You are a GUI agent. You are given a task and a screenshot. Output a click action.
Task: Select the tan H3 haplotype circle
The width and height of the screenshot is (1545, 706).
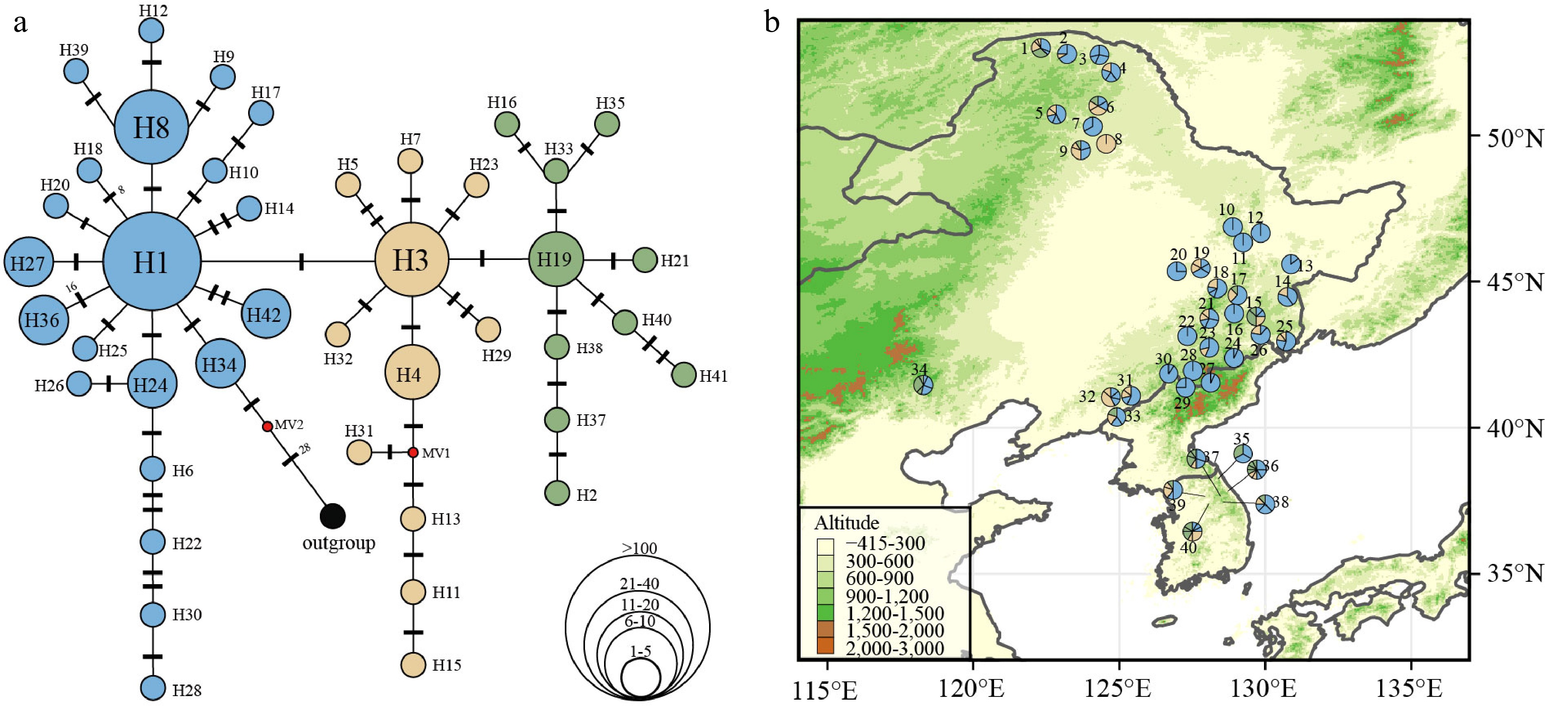click(x=411, y=260)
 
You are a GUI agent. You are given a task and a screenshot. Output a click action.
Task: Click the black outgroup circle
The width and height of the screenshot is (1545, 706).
click(x=333, y=516)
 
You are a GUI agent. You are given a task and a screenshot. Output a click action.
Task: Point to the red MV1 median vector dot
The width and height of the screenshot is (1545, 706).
click(x=413, y=452)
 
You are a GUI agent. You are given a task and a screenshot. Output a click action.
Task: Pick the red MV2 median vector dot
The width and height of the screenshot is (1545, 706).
click(x=268, y=426)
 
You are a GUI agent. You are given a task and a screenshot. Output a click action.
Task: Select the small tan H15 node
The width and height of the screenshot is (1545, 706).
click(x=413, y=665)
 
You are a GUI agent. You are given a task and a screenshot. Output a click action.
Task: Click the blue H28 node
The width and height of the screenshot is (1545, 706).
click(x=153, y=689)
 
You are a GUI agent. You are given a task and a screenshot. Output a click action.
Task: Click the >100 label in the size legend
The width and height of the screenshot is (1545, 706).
click(x=639, y=548)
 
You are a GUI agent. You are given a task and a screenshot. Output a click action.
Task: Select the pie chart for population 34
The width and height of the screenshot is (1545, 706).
click(x=923, y=385)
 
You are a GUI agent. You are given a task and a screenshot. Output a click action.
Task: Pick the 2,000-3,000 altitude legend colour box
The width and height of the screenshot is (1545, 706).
click(x=825, y=646)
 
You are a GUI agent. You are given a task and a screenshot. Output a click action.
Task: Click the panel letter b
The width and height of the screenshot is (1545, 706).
click(x=772, y=24)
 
